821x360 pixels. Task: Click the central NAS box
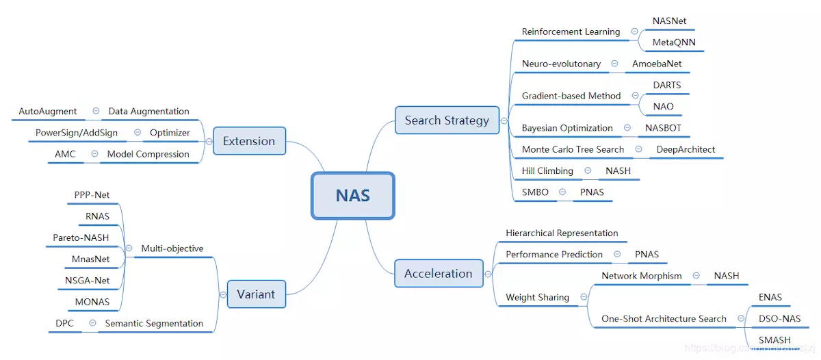(x=353, y=196)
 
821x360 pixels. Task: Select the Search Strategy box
(x=447, y=120)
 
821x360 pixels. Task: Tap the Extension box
(x=249, y=141)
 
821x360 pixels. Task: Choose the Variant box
(x=256, y=294)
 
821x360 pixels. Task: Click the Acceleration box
(x=439, y=274)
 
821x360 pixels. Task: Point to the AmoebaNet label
(x=657, y=64)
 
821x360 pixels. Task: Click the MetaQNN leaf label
(x=674, y=42)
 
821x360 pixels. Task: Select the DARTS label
(x=666, y=85)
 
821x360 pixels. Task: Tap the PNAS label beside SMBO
(x=592, y=192)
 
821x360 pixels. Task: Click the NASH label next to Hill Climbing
(x=618, y=171)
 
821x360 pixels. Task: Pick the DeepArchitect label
(x=686, y=149)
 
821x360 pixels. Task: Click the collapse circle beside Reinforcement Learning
(x=634, y=31)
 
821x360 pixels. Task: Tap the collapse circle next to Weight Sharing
(x=584, y=297)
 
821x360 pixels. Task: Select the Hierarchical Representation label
(x=562, y=233)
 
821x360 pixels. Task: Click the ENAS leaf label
(x=770, y=297)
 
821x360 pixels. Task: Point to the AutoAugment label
(x=48, y=111)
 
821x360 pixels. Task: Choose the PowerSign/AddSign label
(x=76, y=133)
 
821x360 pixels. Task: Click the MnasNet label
(x=90, y=259)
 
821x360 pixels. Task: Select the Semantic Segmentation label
(x=154, y=323)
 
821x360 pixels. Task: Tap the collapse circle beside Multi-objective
(x=129, y=248)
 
